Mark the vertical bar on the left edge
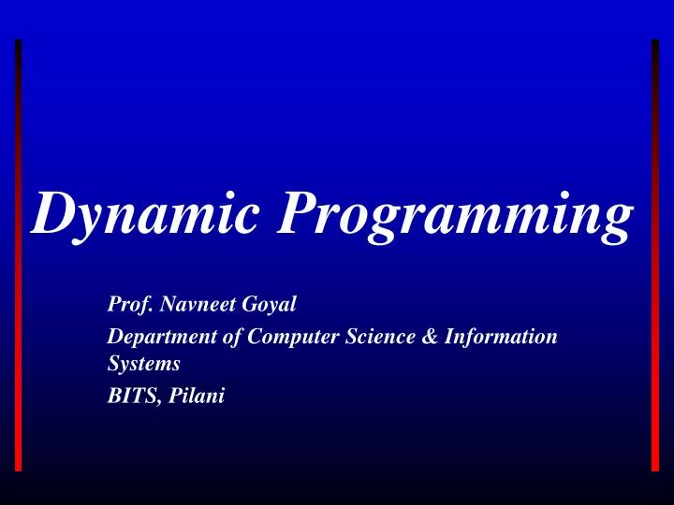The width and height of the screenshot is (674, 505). [x=19, y=252]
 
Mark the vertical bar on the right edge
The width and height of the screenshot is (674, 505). [x=655, y=252]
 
